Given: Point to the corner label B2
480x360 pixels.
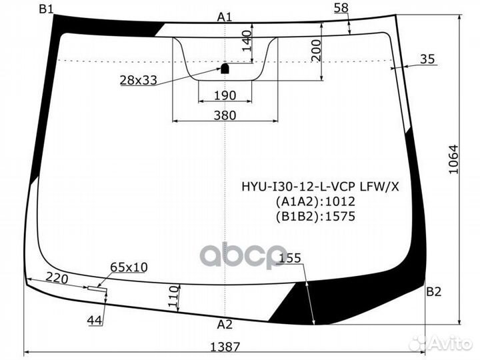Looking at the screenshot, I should pyautogui.click(x=434, y=291).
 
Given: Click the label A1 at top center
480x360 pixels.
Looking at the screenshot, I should pyautogui.click(x=225, y=17).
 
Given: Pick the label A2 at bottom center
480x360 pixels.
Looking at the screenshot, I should pyautogui.click(x=225, y=325).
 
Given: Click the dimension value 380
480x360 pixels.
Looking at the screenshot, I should pyautogui.click(x=225, y=115).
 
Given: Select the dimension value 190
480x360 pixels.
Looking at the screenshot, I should pyautogui.click(x=225, y=95).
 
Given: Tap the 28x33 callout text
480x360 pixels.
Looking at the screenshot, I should pyautogui.click(x=138, y=80).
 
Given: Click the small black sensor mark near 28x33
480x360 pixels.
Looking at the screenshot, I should pyautogui.click(x=225, y=67).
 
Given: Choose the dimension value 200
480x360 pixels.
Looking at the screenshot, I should pyautogui.click(x=316, y=48).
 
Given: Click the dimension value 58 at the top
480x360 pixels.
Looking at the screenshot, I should pyautogui.click(x=341, y=8).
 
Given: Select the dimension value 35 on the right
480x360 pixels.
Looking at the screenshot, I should pyautogui.click(x=427, y=59).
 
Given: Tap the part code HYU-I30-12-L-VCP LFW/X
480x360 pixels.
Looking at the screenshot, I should pyautogui.click(x=320, y=187).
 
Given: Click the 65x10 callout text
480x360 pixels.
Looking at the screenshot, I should pyautogui.click(x=129, y=267).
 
